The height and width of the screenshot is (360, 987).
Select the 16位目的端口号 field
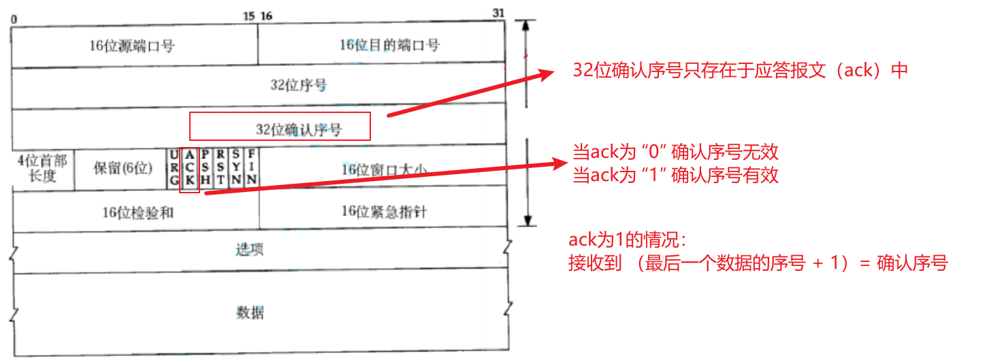point(389,46)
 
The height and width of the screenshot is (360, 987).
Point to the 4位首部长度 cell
point(42,168)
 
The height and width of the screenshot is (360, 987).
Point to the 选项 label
point(249,250)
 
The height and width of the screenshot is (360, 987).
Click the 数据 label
point(250,312)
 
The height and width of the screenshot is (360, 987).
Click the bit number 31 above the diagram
point(499,14)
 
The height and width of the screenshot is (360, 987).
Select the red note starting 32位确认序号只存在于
point(741,70)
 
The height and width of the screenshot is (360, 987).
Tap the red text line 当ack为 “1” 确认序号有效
point(675,175)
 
